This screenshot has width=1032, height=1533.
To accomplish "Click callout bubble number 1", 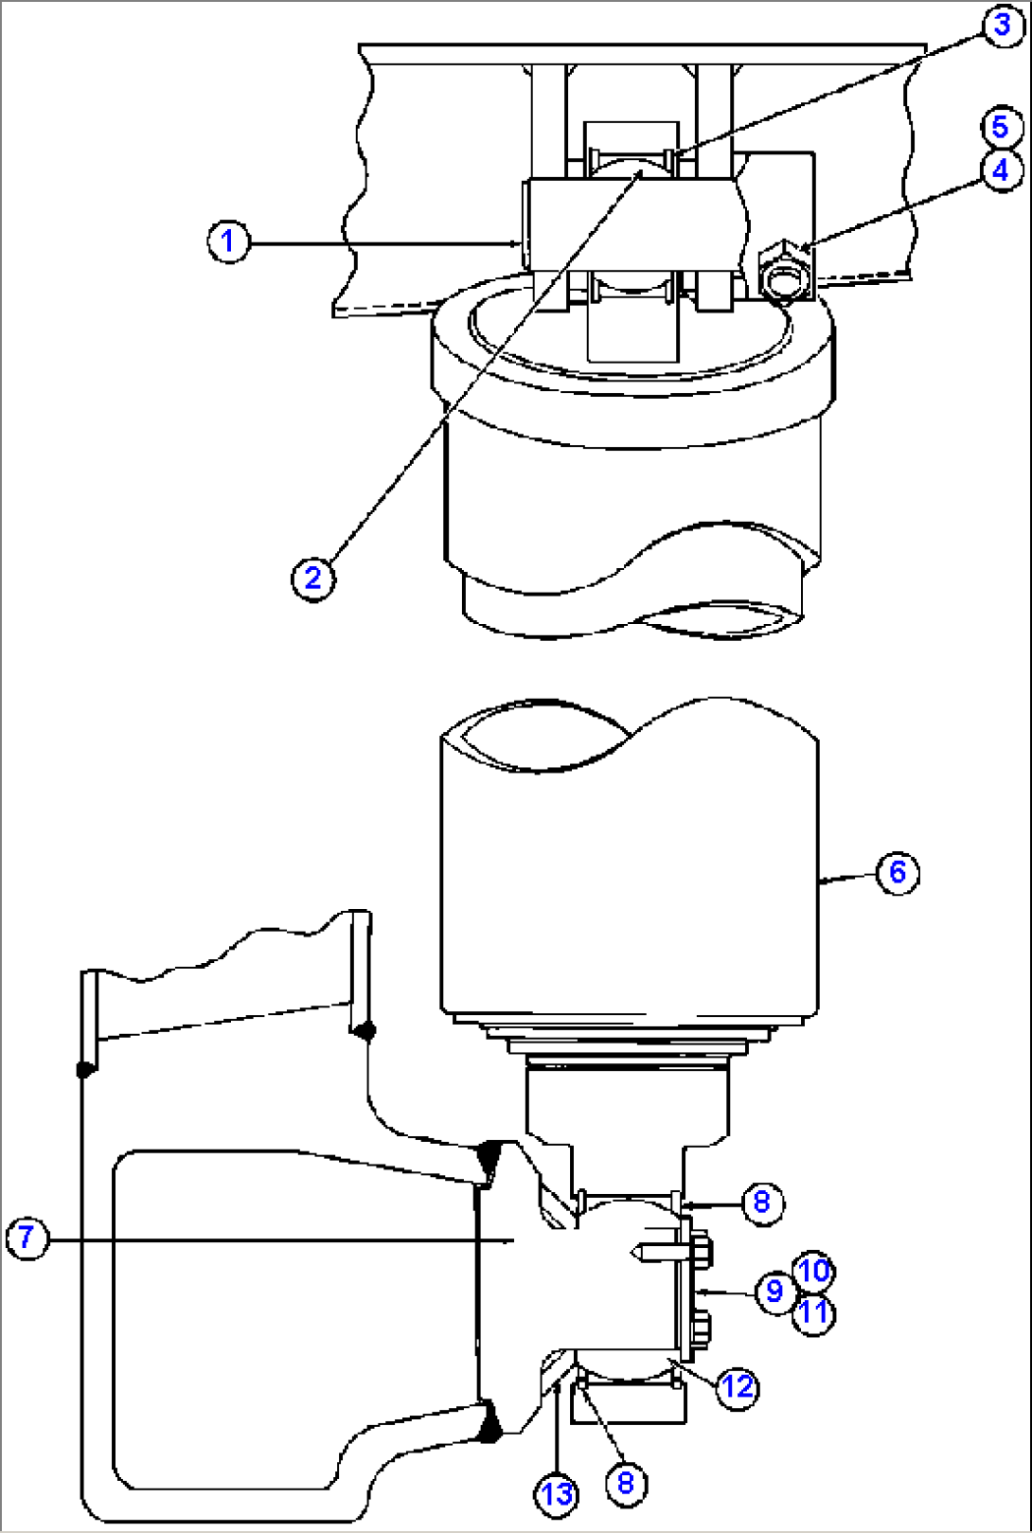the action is coord(228,241).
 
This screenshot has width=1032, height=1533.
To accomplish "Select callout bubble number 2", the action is coord(312,579).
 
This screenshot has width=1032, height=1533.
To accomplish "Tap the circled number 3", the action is coord(1003,26).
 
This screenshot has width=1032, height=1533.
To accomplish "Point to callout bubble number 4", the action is coord(1001,170).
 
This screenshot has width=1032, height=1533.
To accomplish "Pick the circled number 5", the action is coord(1001,127).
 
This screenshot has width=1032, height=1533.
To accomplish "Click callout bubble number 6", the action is coord(898,873).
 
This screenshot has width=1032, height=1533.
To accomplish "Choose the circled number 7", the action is coord(27,1238).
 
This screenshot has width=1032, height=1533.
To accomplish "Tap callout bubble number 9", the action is coord(775,1292).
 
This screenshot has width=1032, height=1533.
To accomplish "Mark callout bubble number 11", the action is coord(813,1314).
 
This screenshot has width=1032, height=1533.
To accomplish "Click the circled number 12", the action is coord(737,1387).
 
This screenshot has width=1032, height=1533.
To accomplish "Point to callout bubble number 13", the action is coord(557,1494).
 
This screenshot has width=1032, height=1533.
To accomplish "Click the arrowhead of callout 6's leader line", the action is coord(822,882).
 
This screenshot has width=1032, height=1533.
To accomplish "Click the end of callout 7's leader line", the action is coord(514,1240).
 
